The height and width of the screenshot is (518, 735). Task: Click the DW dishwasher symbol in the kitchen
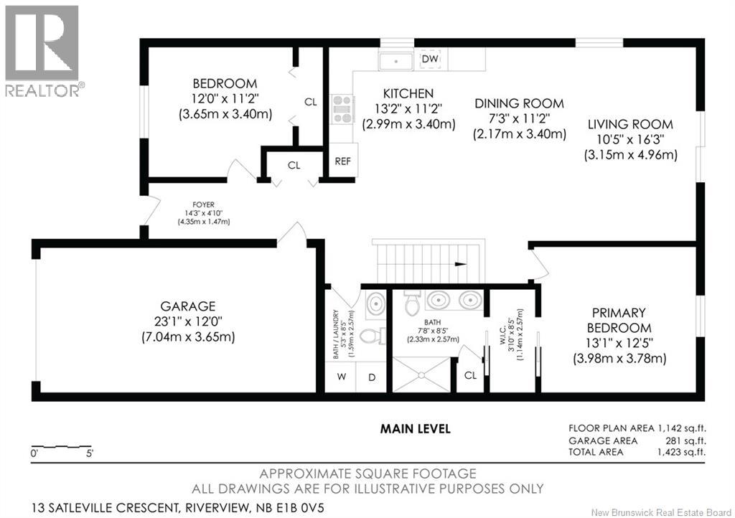pyautogui.click(x=430, y=59)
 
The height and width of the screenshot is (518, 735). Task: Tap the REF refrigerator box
pyautogui.click(x=343, y=160)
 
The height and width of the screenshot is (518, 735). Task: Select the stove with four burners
pyautogui.click(x=342, y=109)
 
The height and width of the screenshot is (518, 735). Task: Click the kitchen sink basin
pyautogui.click(x=396, y=62)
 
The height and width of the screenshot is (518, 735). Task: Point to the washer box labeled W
pyautogui.click(x=341, y=377)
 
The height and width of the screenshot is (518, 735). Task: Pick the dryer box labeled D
pyautogui.click(x=371, y=377)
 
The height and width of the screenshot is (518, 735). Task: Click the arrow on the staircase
pyautogui.click(x=461, y=264)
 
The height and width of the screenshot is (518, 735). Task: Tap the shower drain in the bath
pyautogui.click(x=421, y=375)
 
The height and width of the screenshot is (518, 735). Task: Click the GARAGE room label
pyautogui.click(x=188, y=306)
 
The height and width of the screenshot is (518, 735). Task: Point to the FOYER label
pyautogui.click(x=203, y=204)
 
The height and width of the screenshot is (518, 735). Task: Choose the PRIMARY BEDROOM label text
pyautogui.click(x=619, y=320)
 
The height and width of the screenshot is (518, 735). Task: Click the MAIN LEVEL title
pyautogui.click(x=416, y=428)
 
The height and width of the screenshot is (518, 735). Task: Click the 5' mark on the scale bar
pyautogui.click(x=89, y=453)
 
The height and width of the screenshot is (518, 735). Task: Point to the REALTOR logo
pyautogui.click(x=42, y=51)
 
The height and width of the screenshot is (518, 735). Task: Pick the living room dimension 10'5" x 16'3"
pyautogui.click(x=630, y=140)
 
